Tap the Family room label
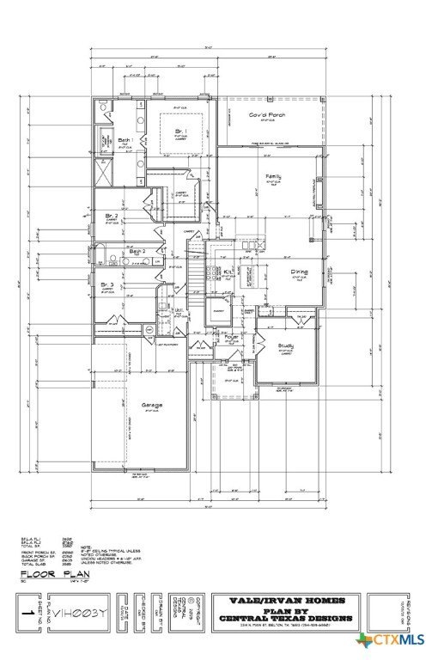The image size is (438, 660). [273, 175]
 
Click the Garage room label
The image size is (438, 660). [153, 404]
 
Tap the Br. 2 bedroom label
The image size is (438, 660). [110, 215]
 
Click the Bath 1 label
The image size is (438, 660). [124, 139]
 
